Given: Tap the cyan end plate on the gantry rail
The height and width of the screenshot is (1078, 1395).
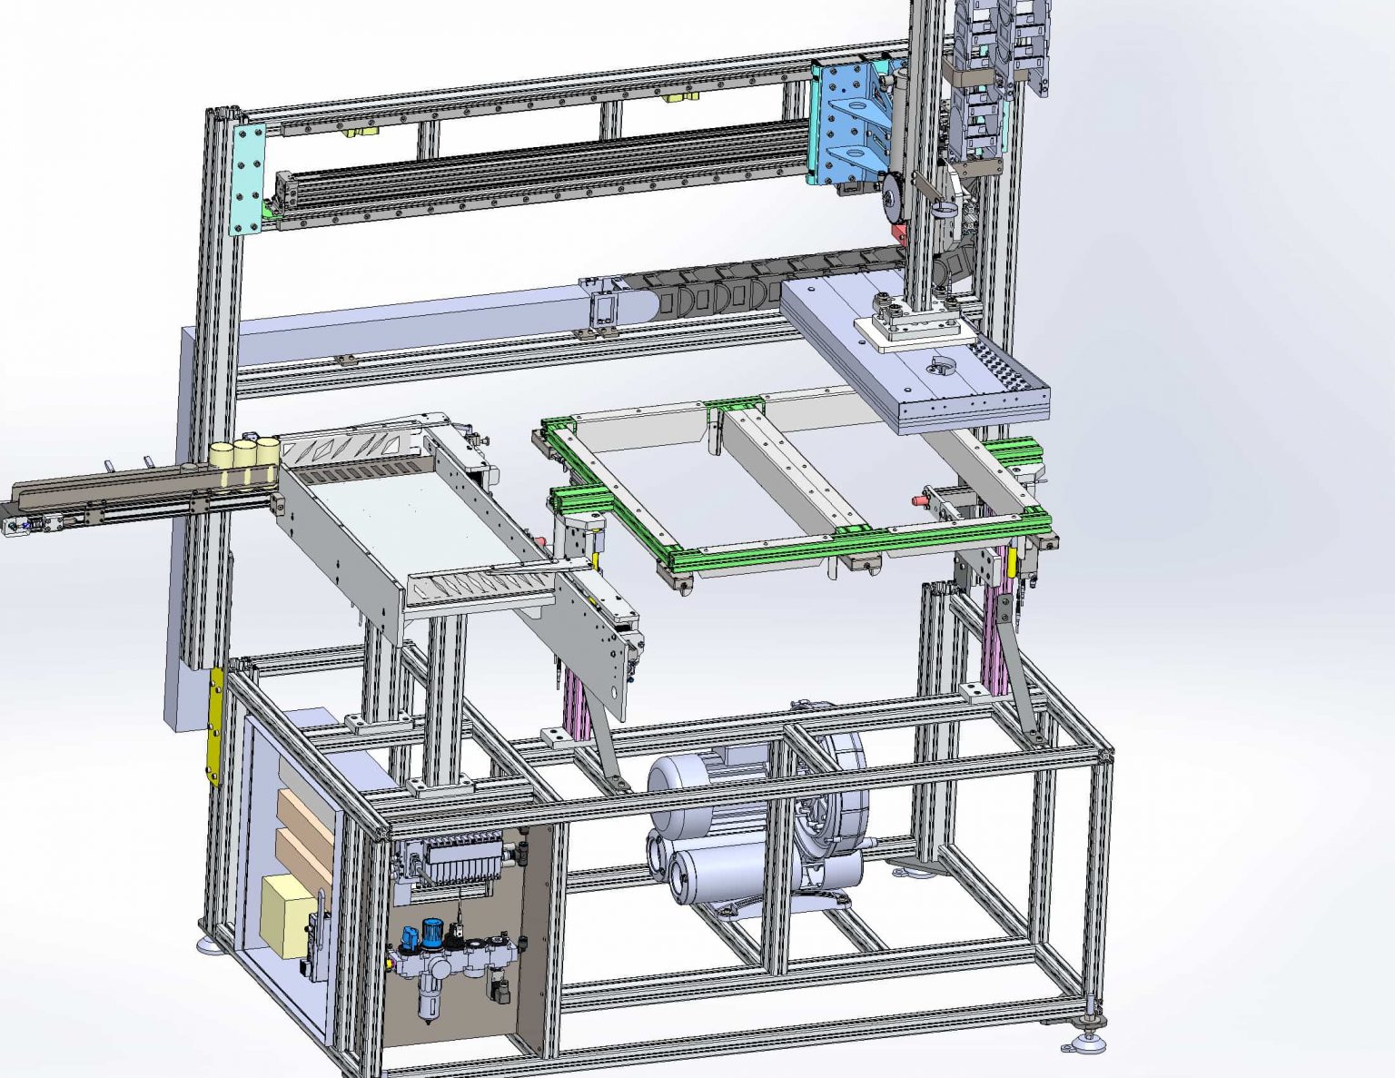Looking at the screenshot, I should click(x=248, y=180).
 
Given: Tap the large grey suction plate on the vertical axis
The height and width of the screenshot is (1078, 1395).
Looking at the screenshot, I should click(x=917, y=363).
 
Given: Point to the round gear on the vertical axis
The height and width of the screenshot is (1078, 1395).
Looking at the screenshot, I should click(x=893, y=197).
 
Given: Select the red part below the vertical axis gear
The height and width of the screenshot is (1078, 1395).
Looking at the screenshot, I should click(x=899, y=234).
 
